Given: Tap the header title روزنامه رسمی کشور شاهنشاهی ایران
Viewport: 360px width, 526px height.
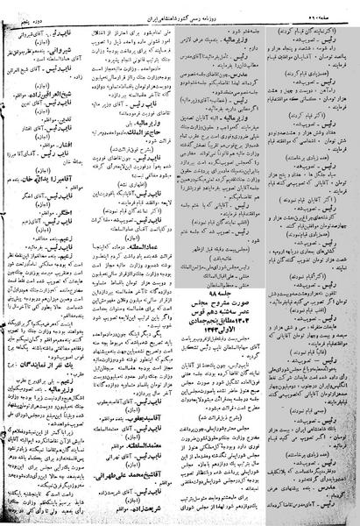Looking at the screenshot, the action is click(180, 8).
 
